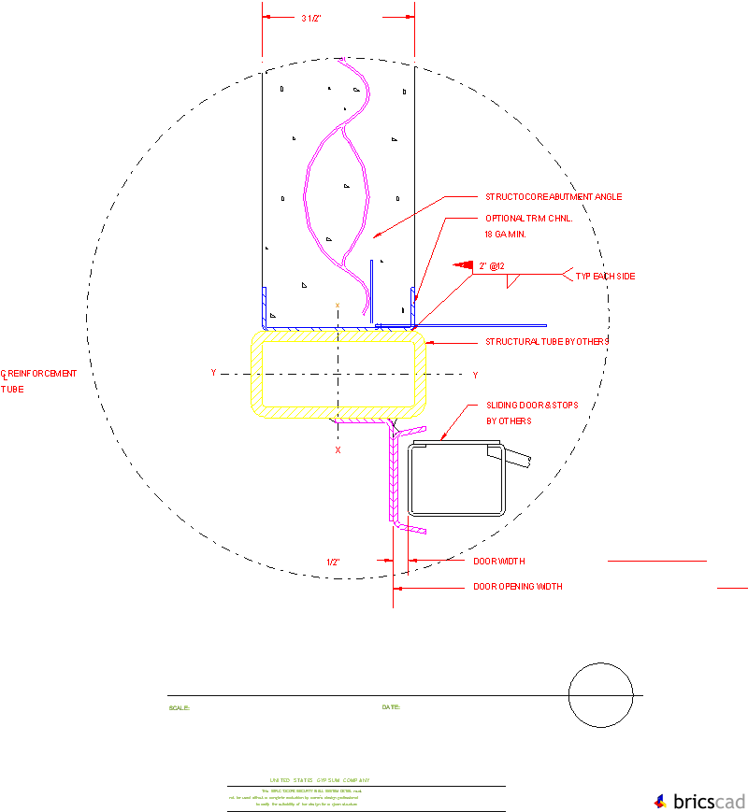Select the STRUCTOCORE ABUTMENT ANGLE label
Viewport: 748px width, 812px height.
tap(553, 197)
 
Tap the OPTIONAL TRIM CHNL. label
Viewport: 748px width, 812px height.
tap(528, 218)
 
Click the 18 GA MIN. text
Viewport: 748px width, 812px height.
tap(505, 234)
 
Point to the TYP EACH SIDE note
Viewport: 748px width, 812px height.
tap(605, 277)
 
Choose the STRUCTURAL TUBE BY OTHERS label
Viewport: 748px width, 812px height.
tap(547, 342)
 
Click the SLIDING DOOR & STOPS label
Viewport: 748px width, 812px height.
tap(533, 406)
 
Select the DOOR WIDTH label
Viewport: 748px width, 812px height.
tap(498, 562)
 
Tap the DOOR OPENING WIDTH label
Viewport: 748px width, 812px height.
tap(517, 587)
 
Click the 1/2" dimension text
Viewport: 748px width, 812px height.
tap(333, 562)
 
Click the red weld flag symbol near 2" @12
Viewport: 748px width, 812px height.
tap(463, 265)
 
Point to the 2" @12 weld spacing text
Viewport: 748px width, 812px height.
tap(491, 266)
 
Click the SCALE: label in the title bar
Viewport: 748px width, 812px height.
tap(179, 708)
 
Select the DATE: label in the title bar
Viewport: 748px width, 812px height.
tap(391, 707)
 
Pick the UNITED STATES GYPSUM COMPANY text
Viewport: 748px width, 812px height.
tap(320, 780)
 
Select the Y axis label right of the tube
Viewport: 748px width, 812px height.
tap(474, 375)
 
